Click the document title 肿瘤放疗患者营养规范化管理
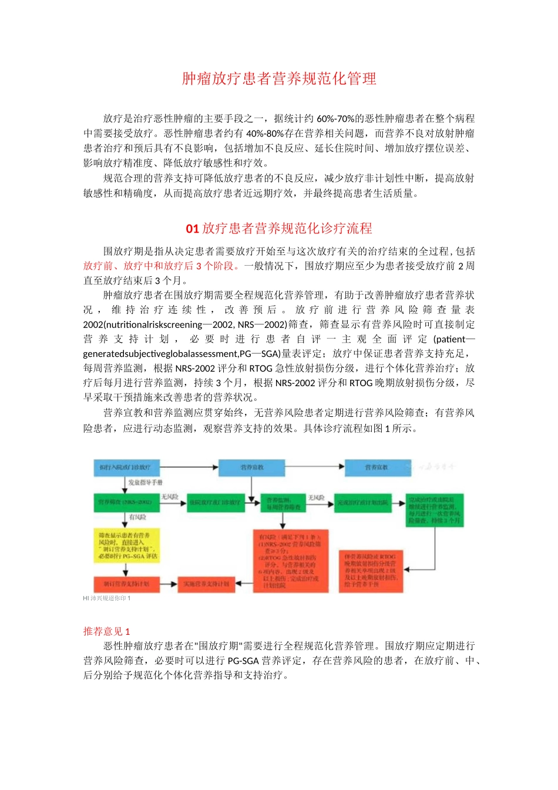coord(279,79)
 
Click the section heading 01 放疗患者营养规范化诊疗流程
coord(279,228)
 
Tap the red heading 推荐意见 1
coord(106,631)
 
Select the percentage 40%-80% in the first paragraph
coord(265,133)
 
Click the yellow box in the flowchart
coord(126,546)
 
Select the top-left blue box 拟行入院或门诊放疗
coord(126,467)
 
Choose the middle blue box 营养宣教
coord(252,467)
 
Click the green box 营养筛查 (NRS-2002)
coord(126,503)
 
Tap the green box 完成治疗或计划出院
coord(362,503)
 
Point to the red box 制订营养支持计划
coord(126,584)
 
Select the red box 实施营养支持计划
coord(206,584)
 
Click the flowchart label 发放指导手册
coord(145,483)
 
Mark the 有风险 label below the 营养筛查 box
coord(137,517)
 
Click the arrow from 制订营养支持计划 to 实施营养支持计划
coord(169,584)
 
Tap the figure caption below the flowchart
coord(107,598)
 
